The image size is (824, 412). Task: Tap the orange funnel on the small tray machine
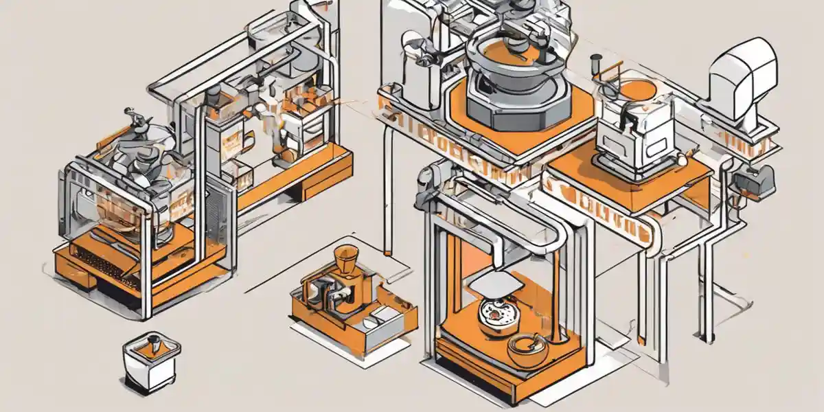tap(346, 260)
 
